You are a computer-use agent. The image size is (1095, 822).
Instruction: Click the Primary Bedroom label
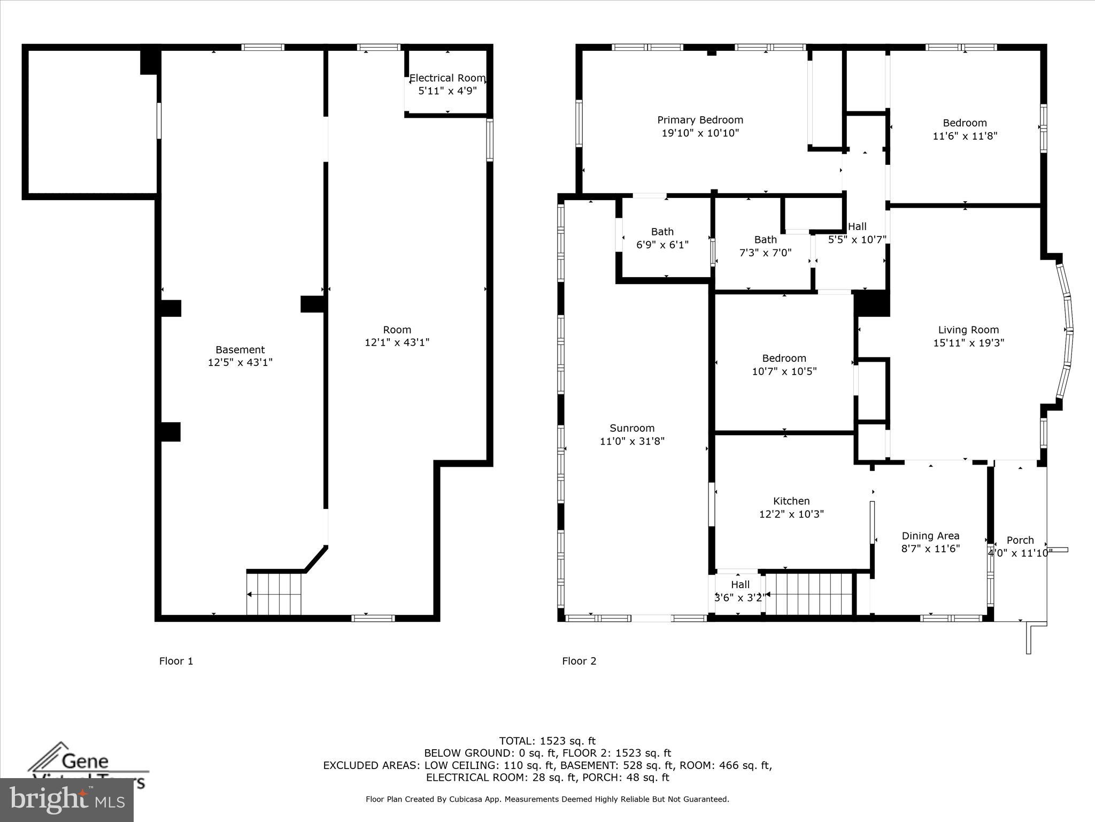tap(700, 120)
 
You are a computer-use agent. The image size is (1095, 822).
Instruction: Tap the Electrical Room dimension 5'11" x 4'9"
tap(447, 91)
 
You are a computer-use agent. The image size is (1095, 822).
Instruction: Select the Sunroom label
tap(632, 428)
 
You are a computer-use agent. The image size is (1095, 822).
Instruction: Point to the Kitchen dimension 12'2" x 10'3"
tap(791, 514)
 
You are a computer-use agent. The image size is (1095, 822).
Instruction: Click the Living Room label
tap(968, 330)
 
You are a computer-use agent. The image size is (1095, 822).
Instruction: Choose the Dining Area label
tap(930, 536)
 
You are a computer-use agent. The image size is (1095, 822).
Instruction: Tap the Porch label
tap(1020, 540)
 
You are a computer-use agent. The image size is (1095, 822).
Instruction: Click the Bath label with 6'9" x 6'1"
tap(662, 232)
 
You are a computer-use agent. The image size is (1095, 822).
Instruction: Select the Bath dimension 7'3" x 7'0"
tap(765, 253)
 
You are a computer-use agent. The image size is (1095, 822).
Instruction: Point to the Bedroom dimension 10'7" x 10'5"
tap(784, 371)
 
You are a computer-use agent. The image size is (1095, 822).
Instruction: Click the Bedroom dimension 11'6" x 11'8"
tap(965, 136)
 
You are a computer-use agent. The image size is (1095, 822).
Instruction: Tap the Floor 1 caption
tap(176, 661)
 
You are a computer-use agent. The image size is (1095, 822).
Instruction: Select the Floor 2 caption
tap(579, 661)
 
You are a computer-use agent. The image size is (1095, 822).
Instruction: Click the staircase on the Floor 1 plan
tap(274, 594)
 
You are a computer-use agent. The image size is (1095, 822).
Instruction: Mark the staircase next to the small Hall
tap(808, 594)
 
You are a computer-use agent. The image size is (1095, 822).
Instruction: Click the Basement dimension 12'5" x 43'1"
tap(240, 362)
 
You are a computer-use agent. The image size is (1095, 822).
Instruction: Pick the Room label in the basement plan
tap(397, 330)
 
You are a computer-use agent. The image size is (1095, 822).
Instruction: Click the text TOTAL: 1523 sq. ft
tap(547, 741)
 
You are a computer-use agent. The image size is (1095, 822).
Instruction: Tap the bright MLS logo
tap(67, 800)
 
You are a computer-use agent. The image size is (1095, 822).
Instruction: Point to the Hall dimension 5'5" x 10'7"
tap(857, 240)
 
